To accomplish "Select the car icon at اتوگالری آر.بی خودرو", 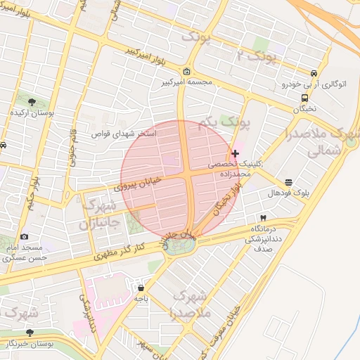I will (314, 73).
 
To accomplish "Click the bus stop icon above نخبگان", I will (304, 98).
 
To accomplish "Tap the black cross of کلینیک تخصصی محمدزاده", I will (235, 153).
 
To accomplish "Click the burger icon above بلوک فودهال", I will (289, 181).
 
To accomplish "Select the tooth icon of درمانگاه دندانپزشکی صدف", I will (263, 219).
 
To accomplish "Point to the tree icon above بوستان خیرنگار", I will (30, 333).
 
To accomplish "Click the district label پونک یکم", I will (224, 124).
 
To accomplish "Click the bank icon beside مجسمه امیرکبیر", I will (186, 72).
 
